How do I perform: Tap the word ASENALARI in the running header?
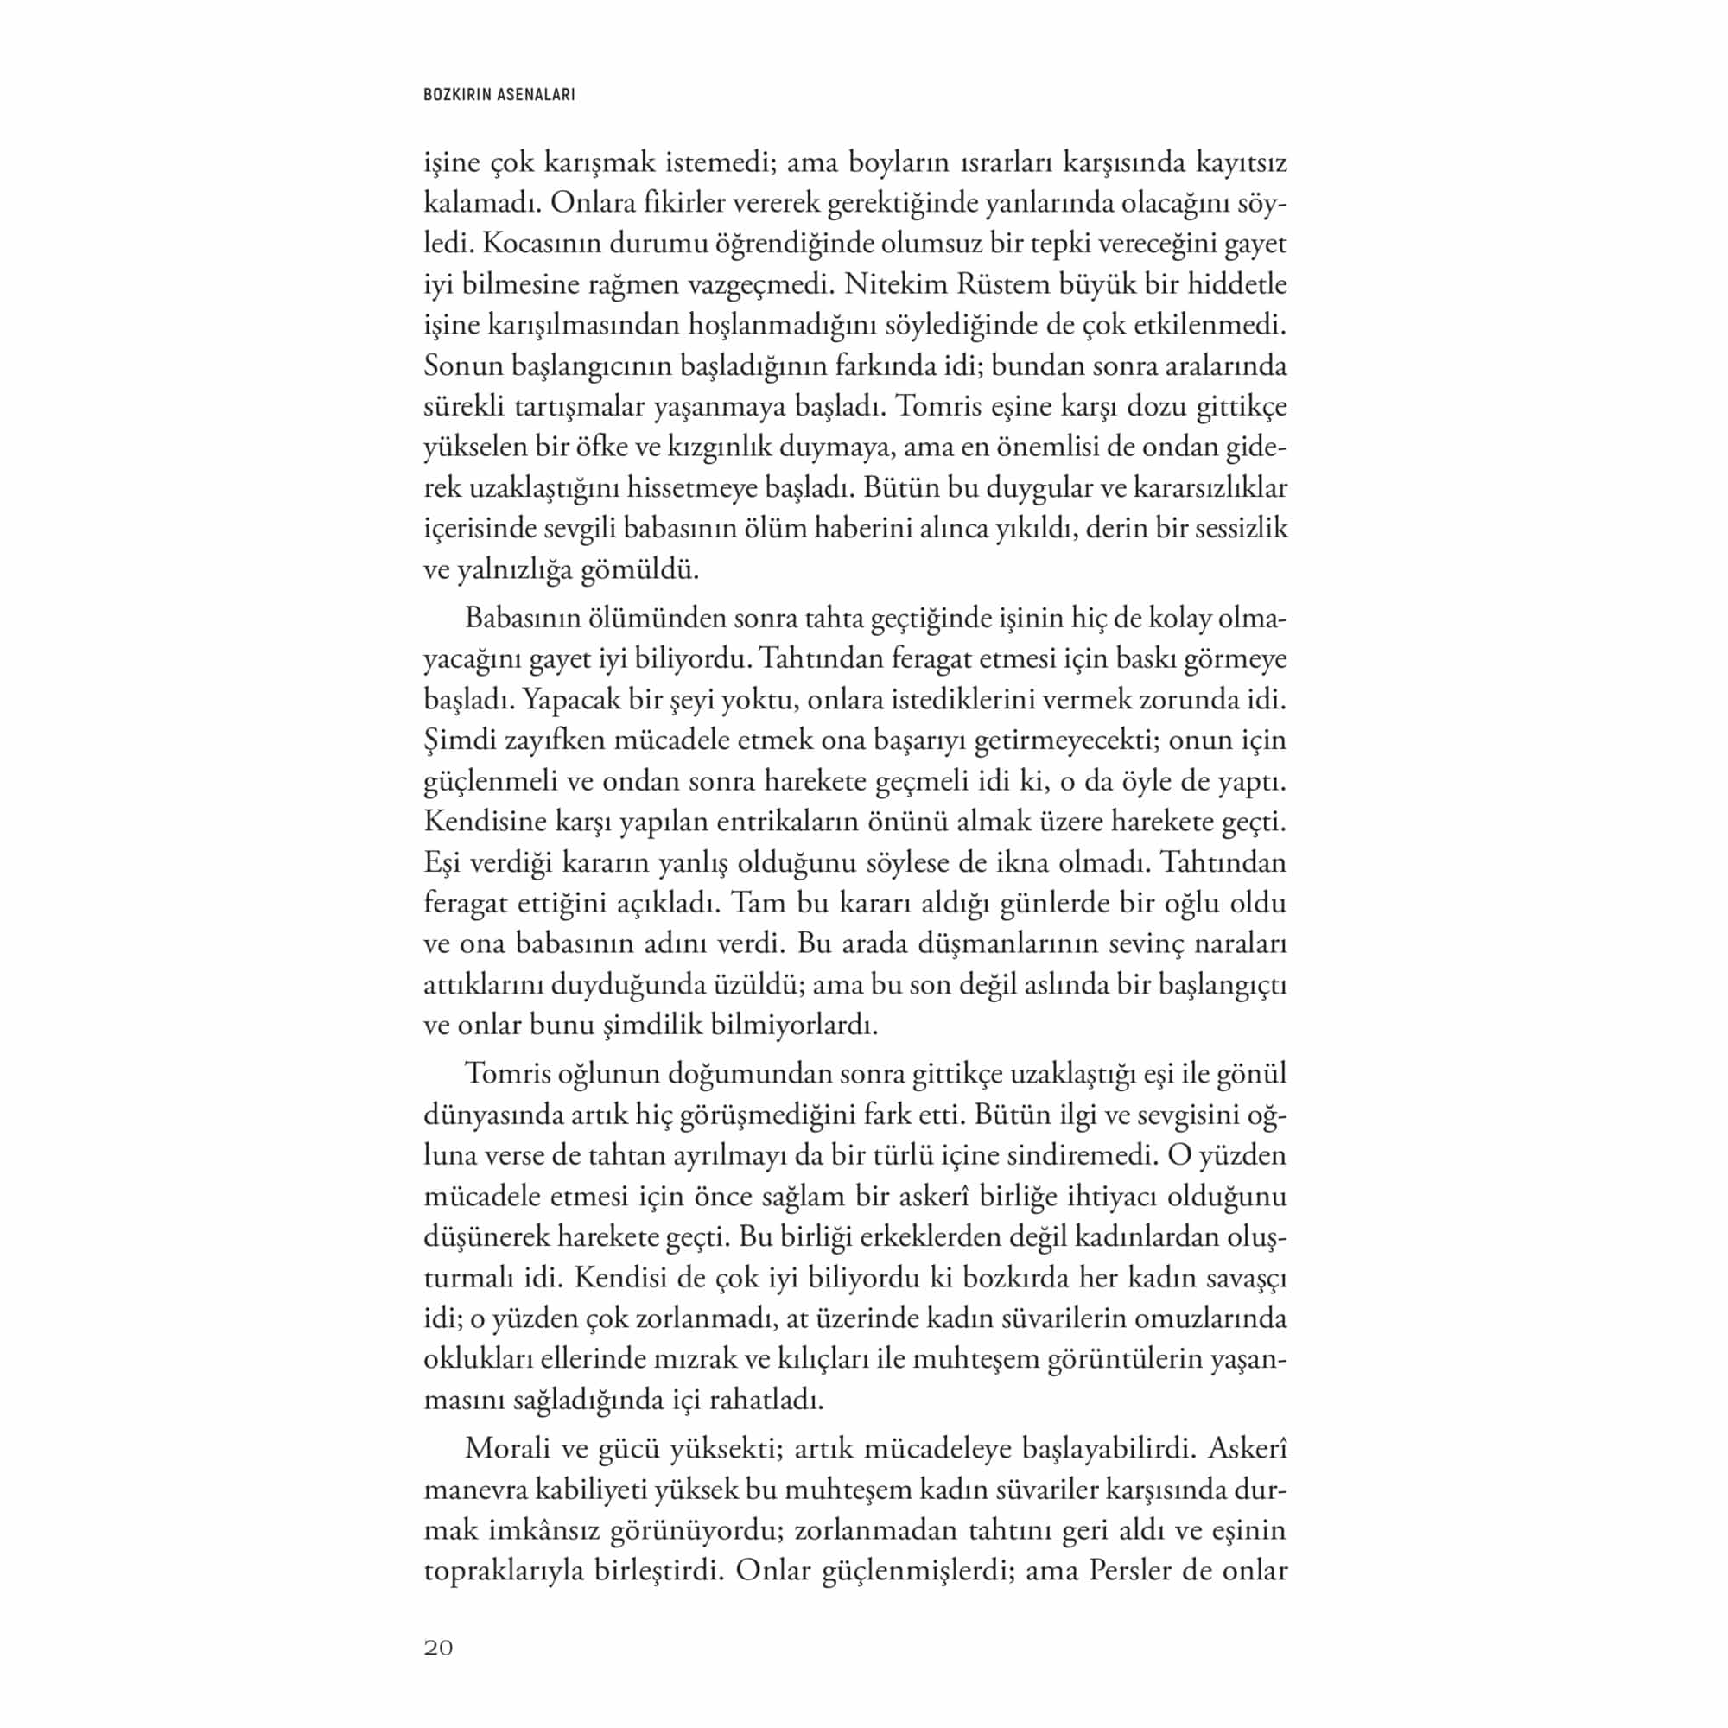(536, 94)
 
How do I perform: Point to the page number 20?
(438, 1649)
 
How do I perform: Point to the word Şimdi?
(460, 740)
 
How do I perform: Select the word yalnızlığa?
(514, 569)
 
